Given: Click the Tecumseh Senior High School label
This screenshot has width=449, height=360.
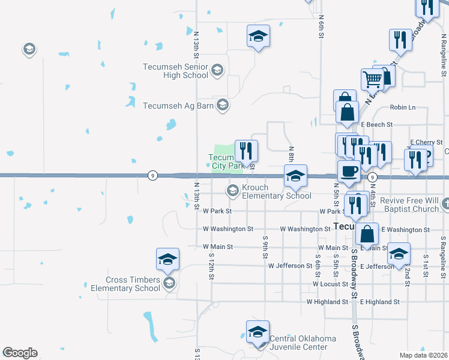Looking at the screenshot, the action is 175,71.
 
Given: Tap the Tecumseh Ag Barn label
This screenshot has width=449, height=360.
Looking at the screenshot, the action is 179,106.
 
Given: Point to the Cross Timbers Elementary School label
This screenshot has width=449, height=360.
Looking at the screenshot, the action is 133,284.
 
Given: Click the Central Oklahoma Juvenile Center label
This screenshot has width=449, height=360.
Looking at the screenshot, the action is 302,343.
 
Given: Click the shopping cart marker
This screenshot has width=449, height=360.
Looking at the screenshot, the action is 372,79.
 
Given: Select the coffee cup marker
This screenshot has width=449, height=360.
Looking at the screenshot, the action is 349,171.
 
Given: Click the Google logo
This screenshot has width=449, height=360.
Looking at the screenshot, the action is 20,353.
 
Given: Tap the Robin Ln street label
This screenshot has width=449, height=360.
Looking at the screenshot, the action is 402,107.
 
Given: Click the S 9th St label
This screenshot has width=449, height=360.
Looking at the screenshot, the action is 265,247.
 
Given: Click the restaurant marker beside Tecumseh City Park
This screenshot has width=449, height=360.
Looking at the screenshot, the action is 246,151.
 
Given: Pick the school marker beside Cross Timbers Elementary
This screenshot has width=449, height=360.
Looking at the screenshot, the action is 167,259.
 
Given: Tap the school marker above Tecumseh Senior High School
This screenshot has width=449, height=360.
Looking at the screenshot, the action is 258,36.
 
